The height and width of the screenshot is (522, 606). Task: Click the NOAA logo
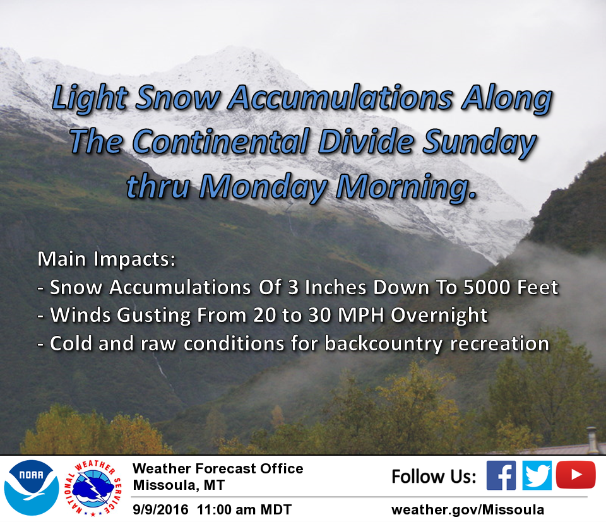[32, 488]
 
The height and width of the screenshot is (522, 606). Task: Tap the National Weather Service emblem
[93, 488]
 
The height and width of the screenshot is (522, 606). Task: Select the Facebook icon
[501, 475]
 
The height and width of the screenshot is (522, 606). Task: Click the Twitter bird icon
[537, 475]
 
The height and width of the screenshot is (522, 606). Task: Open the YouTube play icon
[576, 475]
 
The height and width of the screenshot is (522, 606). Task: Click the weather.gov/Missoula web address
[468, 509]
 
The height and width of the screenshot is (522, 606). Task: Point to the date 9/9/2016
[160, 509]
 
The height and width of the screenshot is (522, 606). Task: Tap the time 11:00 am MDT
[244, 509]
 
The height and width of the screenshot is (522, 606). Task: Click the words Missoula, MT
[179, 485]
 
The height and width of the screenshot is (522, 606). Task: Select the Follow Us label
[434, 476]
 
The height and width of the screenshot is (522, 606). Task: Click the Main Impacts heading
[107, 259]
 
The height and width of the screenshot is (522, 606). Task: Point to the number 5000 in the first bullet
[487, 287]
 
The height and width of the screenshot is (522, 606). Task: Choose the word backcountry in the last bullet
[383, 344]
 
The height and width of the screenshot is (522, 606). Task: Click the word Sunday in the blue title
[479, 143]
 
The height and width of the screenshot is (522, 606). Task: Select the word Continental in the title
[221, 141]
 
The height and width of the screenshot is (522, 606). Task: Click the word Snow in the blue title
[178, 97]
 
